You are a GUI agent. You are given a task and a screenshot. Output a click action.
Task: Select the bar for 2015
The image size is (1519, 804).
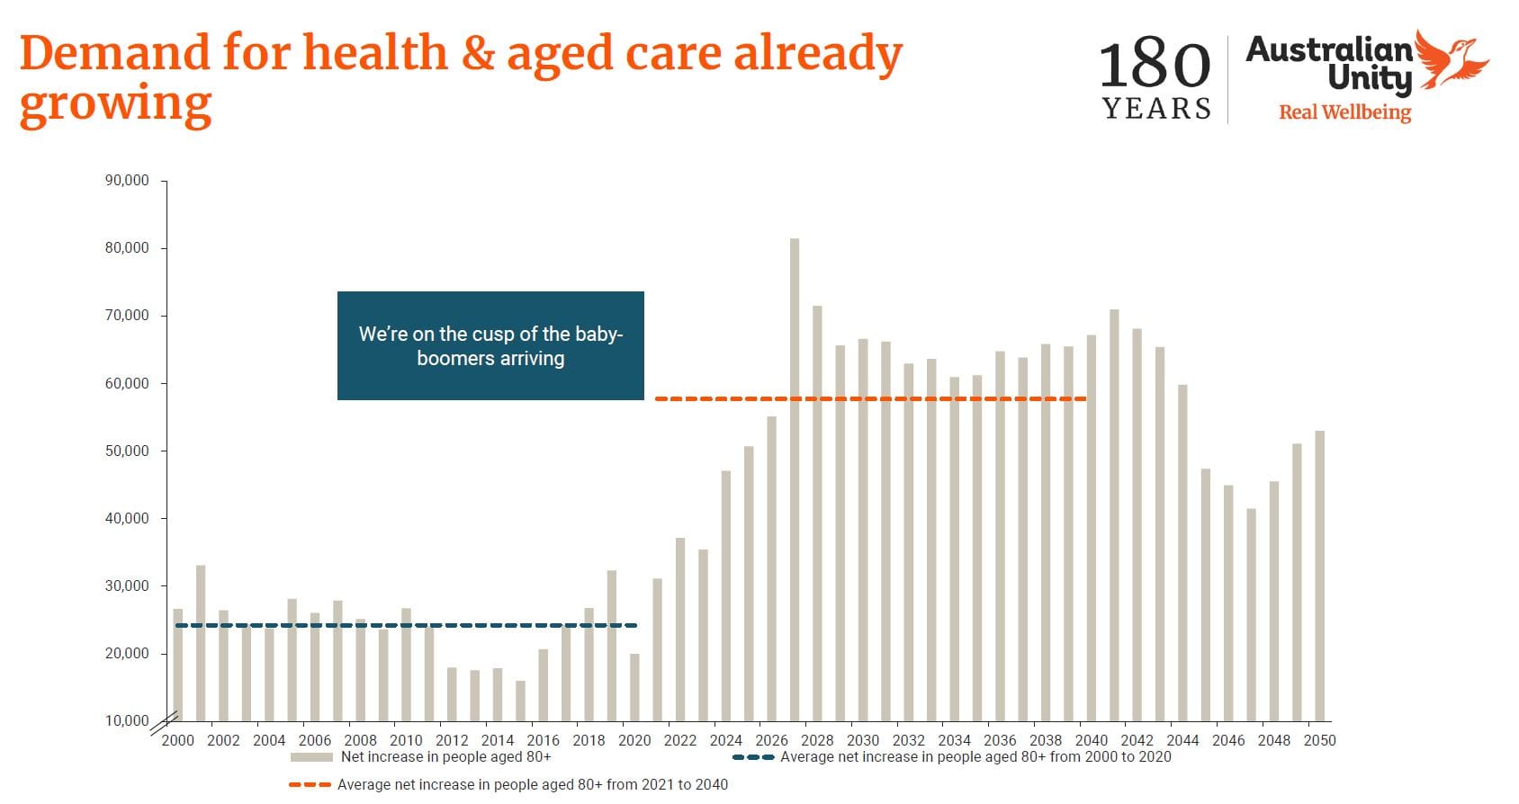[520, 701]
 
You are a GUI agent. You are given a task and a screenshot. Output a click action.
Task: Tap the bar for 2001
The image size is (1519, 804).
[201, 643]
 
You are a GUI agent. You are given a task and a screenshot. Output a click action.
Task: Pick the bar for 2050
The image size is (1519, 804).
[1319, 576]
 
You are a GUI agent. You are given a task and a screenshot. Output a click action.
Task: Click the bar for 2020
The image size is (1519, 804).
[634, 687]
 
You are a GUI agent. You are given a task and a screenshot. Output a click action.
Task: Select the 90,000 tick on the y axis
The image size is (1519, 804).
[127, 180]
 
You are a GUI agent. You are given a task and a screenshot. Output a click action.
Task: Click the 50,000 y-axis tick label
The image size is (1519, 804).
[127, 451]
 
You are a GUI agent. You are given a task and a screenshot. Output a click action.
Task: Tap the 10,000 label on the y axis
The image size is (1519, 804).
[127, 720]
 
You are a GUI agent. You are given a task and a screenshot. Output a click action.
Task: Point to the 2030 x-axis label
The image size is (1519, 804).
[863, 740]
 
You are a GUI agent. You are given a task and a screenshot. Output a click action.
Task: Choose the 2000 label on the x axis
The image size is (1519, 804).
[177, 740]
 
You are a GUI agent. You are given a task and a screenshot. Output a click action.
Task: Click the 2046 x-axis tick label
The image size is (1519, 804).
[1228, 740]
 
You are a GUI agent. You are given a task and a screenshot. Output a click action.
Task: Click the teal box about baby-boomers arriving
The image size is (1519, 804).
[490, 345]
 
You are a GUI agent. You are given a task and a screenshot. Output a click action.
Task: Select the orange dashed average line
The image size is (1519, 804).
[870, 398]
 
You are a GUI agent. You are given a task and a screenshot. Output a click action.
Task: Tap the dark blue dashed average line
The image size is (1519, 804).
[405, 625]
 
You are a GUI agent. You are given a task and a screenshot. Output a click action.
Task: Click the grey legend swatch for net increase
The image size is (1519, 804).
[311, 757]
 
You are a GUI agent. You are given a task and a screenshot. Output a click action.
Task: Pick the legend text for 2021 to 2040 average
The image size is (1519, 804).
[532, 784]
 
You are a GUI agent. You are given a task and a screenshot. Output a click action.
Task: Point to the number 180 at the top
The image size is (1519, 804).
[1155, 65]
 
